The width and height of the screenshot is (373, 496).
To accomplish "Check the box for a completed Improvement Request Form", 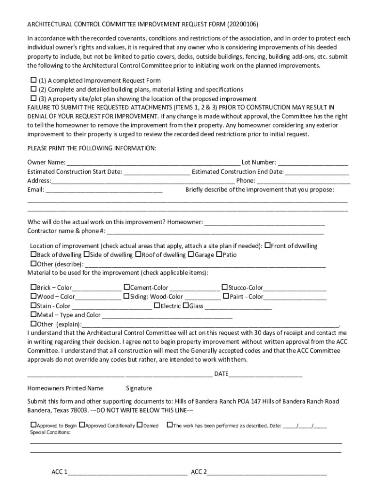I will pyautogui.click(x=33, y=80).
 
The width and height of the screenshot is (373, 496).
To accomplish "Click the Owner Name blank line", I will pyautogui.click(x=153, y=163).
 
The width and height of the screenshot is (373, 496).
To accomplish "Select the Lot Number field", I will pyautogui.click(x=312, y=163).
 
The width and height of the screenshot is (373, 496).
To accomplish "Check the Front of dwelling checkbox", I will pyautogui.click(x=267, y=246).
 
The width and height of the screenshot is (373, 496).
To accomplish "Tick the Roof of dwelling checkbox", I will pyautogui.click(x=138, y=255).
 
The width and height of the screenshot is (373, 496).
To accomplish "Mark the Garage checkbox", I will pyautogui.click(x=191, y=255).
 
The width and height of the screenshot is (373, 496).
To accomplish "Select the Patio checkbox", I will pyautogui.click(x=219, y=255).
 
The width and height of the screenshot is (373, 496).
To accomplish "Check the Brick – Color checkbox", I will pyautogui.click(x=33, y=287).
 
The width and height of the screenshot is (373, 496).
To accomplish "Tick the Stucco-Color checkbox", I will pyautogui.click(x=225, y=287).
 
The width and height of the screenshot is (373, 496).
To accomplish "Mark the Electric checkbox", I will pyautogui.click(x=157, y=306).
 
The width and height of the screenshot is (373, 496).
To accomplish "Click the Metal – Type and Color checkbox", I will pyautogui.click(x=33, y=315).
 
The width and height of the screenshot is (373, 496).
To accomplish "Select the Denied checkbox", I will pyautogui.click(x=140, y=425).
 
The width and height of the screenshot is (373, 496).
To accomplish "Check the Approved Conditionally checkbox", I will pyautogui.click(x=82, y=425).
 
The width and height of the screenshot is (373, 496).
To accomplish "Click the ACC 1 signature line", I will pyautogui.click(x=127, y=472).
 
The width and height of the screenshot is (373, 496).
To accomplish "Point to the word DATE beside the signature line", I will pyautogui.click(x=221, y=374).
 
